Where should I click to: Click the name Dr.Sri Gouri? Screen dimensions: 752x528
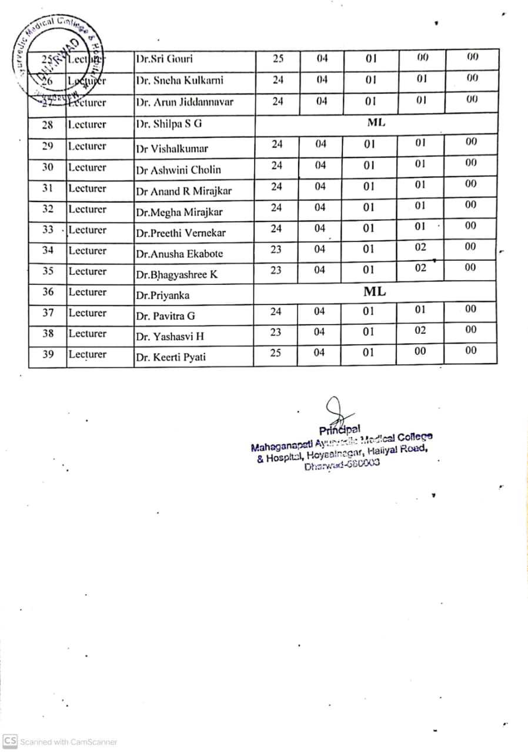click(x=164, y=59)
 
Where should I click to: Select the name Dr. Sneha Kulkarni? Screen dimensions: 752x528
click(x=179, y=80)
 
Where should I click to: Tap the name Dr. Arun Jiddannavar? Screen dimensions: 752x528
click(x=184, y=102)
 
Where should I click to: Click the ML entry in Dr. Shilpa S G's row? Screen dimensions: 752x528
click(x=376, y=123)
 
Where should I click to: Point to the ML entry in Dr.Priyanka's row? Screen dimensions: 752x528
click(x=375, y=291)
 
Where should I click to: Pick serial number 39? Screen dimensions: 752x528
click(x=48, y=354)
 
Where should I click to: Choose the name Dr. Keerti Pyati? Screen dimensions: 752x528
click(x=171, y=357)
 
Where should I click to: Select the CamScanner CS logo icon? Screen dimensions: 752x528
click(x=10, y=741)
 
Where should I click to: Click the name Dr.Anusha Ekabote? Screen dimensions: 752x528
click(x=179, y=254)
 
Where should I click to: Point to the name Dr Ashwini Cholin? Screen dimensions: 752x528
click(x=178, y=170)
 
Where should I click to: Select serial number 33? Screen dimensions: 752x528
click(x=48, y=230)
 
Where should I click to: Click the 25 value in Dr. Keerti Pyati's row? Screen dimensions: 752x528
click(x=276, y=353)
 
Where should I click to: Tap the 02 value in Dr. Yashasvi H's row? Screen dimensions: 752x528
click(x=420, y=330)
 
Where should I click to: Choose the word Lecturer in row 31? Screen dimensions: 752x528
click(x=87, y=189)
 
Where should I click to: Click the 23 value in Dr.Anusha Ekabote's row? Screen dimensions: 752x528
click(x=276, y=249)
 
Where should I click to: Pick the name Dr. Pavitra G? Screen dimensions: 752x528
click(x=165, y=316)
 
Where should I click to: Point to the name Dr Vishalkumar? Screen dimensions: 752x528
click(x=172, y=149)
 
